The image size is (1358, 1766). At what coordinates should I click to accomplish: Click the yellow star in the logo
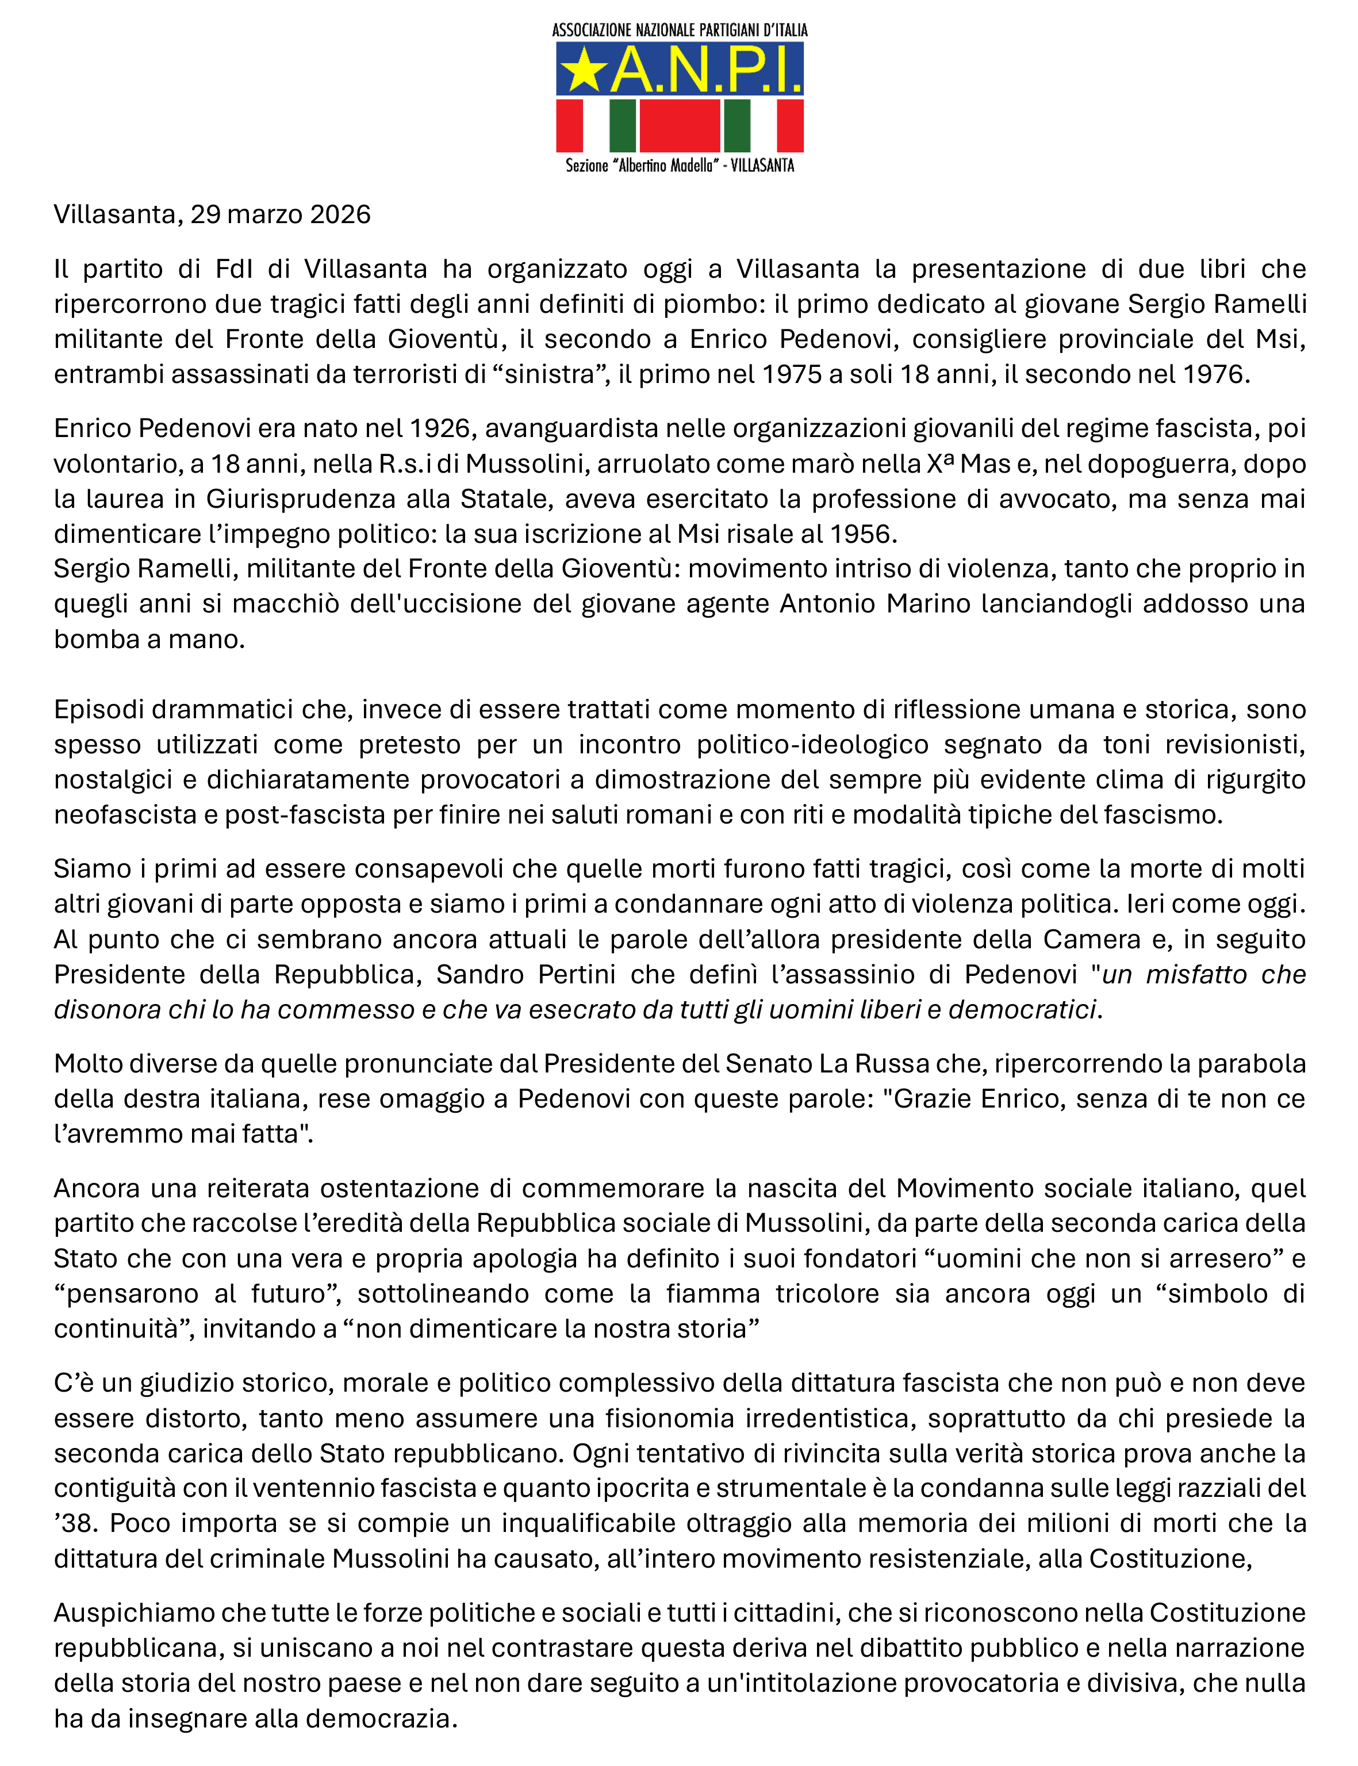click(584, 70)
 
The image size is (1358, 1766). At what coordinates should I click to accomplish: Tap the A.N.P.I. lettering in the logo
click(705, 70)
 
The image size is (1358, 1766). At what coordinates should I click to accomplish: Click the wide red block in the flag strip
click(679, 125)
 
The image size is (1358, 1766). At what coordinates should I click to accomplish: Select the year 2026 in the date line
click(339, 214)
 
